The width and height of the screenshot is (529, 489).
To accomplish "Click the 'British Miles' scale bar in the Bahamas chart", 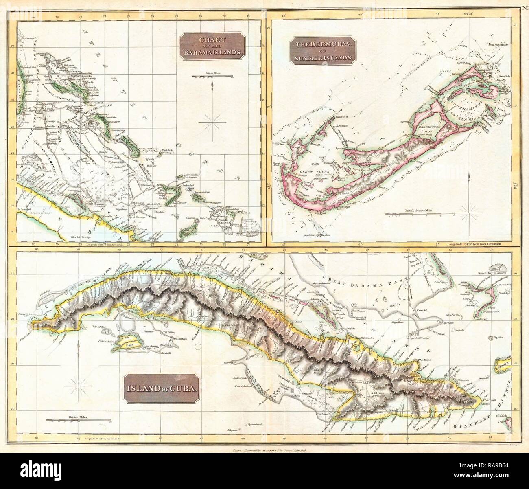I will click(x=214, y=76).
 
